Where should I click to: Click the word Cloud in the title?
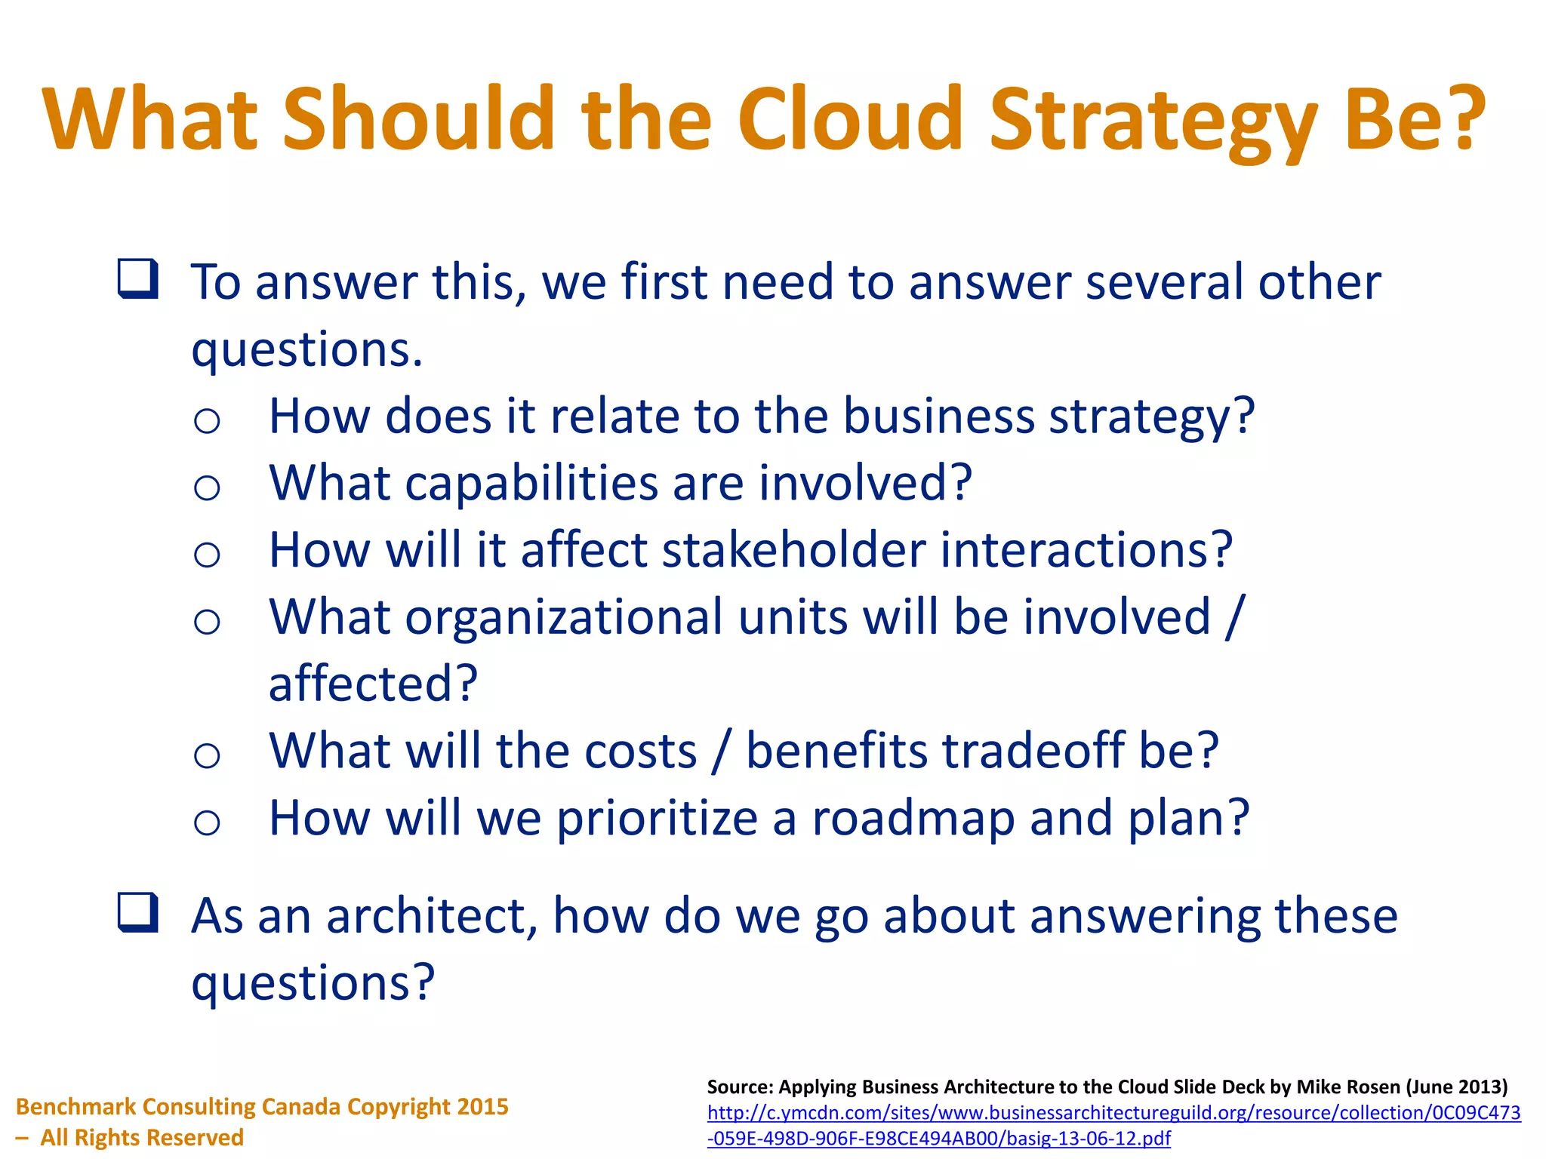[850, 119]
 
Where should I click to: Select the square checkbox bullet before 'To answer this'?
[138, 279]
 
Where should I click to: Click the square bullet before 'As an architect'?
[138, 913]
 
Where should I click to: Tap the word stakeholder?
[793, 549]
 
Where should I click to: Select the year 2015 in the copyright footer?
[482, 1106]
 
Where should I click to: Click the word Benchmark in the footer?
[75, 1106]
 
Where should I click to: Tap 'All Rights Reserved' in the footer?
[141, 1137]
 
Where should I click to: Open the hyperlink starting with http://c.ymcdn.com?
[1113, 1113]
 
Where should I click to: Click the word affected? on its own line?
[373, 684]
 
